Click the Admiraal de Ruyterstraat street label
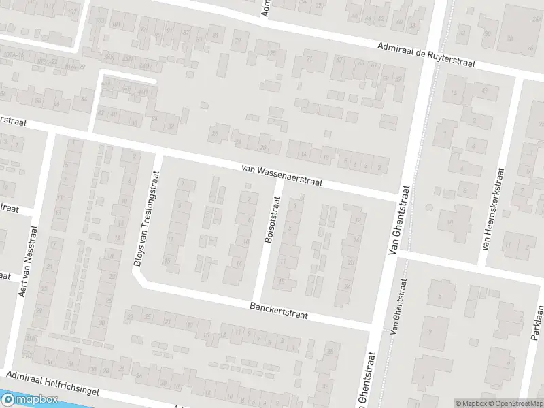click(x=426, y=54)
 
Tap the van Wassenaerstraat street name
click(x=282, y=175)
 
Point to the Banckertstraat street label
click(x=279, y=310)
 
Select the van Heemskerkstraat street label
click(x=494, y=207)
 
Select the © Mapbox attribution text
click(x=471, y=403)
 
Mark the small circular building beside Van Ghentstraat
click(x=428, y=207)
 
